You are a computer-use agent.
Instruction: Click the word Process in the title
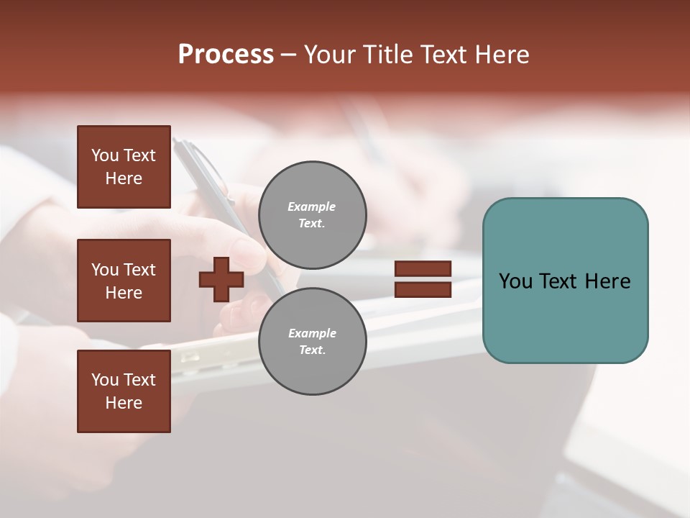tap(226, 55)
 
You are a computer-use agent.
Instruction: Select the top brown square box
tap(124, 167)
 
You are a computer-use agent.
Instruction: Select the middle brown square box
tap(124, 281)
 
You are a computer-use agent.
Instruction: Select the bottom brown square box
tap(124, 391)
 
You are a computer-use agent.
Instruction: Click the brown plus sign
tap(221, 279)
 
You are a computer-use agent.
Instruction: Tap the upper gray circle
tap(312, 215)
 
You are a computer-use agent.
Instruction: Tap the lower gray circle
tap(312, 342)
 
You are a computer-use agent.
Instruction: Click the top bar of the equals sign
tap(423, 269)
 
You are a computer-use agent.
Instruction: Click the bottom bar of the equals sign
tap(423, 290)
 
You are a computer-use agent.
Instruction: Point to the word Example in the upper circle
tap(312, 206)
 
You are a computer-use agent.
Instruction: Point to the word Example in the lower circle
tap(312, 333)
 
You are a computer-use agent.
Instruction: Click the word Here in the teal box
tap(607, 281)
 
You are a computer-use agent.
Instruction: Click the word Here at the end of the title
tap(503, 55)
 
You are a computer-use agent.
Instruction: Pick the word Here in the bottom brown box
tap(124, 403)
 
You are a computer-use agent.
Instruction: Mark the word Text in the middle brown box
tap(139, 270)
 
